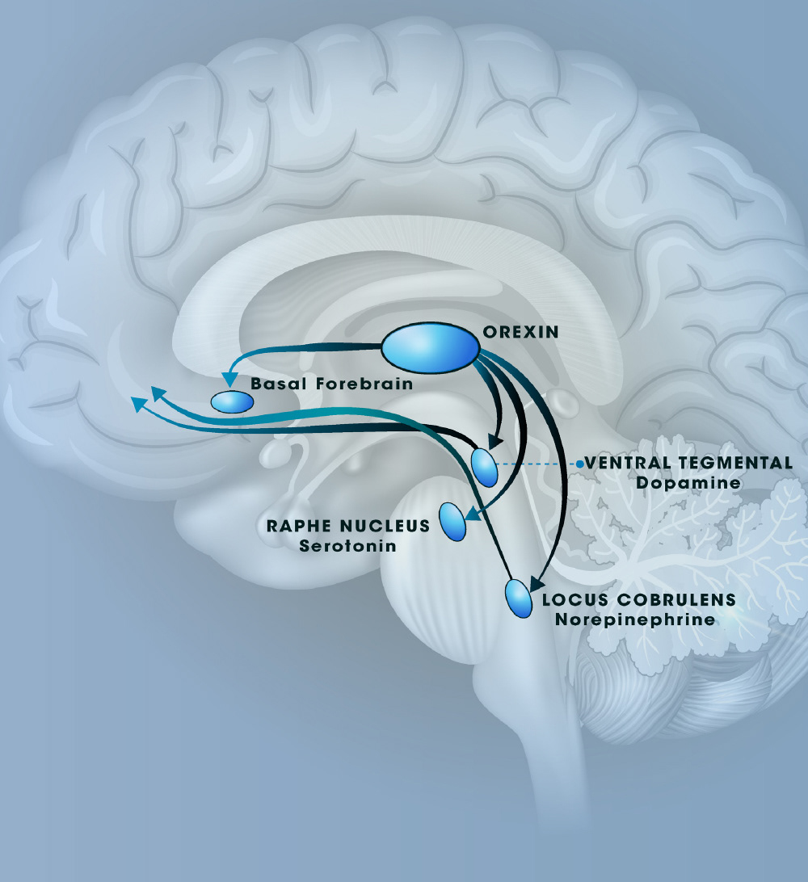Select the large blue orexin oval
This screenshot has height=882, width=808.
[x=430, y=348]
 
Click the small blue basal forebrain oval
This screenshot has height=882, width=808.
[x=232, y=401]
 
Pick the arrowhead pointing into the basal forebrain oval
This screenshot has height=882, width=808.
[x=229, y=379]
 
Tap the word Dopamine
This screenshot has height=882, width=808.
[x=688, y=483]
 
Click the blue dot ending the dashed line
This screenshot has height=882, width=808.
[x=580, y=464]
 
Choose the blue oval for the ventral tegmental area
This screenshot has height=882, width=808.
[x=484, y=467]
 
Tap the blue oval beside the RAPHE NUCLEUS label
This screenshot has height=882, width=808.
[x=453, y=522]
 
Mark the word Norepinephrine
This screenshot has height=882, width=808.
[x=635, y=620]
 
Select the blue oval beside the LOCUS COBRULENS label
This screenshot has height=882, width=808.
[x=517, y=598]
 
